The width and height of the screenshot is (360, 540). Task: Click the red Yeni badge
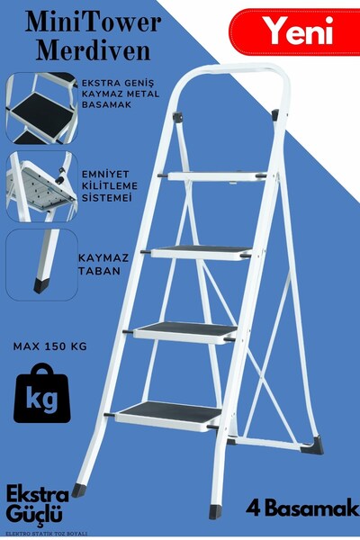tap(298, 33)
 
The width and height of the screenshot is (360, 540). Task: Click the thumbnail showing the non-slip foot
tap(39, 262)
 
